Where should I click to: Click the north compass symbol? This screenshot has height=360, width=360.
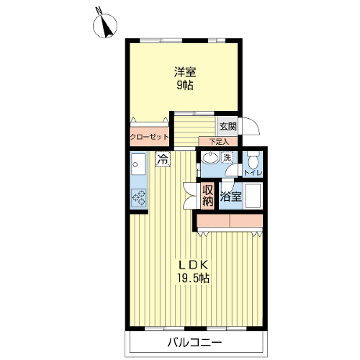[105, 25]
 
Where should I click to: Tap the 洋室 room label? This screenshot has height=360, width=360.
[185, 72]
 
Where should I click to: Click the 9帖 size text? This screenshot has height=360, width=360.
[185, 85]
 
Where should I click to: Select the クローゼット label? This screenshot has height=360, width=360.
[149, 137]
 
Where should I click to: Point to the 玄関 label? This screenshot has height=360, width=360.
[228, 127]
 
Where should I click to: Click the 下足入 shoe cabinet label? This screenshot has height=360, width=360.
[219, 142]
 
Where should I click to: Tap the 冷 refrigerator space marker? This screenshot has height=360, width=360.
[163, 159]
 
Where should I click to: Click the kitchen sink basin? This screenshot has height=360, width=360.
[138, 164]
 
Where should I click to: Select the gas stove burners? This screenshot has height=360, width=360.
[138, 198]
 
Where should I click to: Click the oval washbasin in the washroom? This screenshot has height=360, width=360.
[210, 158]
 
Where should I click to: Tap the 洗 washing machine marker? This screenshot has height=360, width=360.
[227, 158]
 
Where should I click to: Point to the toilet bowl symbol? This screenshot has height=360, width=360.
[253, 160]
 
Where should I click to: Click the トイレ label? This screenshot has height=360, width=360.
[253, 173]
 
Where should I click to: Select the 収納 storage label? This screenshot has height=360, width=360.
[207, 196]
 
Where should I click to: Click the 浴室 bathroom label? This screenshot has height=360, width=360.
[230, 197]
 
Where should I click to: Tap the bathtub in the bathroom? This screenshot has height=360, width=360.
[253, 195]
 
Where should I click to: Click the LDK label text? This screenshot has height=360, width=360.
[194, 265]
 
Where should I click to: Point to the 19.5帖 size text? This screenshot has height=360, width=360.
[194, 279]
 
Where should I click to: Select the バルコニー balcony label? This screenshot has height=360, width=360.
[194, 342]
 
